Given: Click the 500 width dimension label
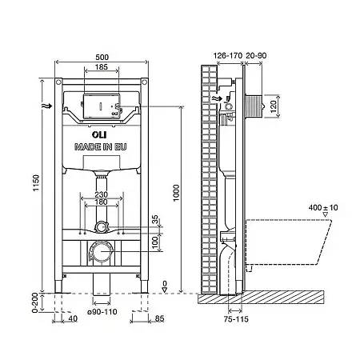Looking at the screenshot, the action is click(102, 58).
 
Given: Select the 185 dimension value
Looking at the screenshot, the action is click(102, 67).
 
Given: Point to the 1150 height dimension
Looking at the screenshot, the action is click(36, 182).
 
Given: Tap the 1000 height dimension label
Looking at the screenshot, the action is click(176, 193).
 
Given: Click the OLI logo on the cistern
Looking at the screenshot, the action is click(99, 135).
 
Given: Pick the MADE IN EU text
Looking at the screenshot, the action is click(101, 147).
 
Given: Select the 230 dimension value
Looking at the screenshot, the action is click(102, 194).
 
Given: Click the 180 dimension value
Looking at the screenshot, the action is click(102, 202).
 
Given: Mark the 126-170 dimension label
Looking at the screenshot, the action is click(228, 56).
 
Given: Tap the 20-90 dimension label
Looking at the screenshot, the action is click(256, 56).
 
